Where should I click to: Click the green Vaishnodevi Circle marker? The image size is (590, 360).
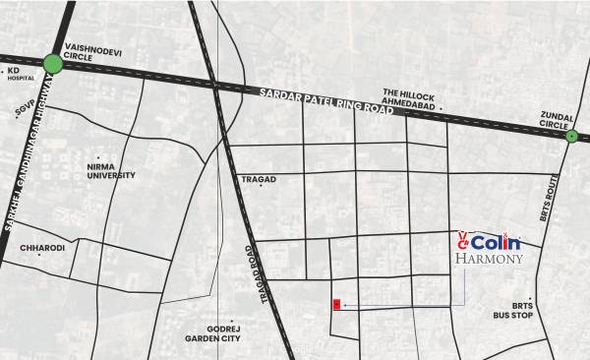point(53,65)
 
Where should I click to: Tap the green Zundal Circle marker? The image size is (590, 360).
point(571,137)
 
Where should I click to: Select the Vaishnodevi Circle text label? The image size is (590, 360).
point(92,51)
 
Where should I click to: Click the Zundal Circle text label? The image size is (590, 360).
point(558,120)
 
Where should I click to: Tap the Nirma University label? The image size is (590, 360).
point(109,171)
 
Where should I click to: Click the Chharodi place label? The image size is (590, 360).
point(41,249)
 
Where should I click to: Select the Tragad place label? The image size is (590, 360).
point(259,180)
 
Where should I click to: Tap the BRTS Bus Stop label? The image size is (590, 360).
point(514,311)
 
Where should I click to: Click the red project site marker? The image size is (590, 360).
point(337,305)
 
